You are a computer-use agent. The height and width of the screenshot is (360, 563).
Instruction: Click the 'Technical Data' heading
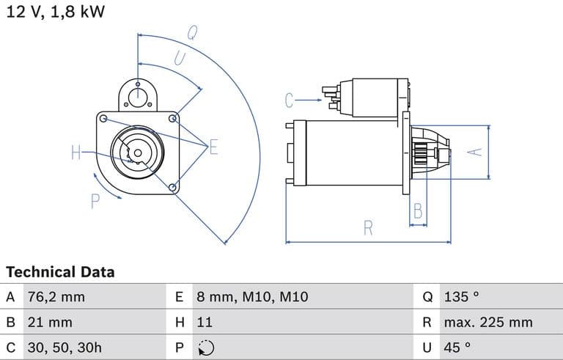point(60,272)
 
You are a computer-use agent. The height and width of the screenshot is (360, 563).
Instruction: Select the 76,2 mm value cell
point(56,297)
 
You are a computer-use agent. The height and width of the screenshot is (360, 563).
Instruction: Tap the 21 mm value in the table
point(49,322)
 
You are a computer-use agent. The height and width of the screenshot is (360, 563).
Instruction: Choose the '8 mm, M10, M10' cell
point(251,297)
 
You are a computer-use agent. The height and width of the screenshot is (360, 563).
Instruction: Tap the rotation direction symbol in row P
point(206,347)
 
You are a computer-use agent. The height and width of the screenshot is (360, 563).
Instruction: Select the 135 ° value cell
point(461,297)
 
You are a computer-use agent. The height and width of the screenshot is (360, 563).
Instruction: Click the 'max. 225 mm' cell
point(487,322)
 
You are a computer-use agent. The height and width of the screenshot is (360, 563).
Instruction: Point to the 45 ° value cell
point(457,347)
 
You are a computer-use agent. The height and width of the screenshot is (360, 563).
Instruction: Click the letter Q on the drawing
point(192,32)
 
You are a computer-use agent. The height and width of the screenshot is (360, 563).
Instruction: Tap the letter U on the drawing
point(179,59)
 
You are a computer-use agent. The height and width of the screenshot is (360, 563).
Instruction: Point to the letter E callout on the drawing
point(213,147)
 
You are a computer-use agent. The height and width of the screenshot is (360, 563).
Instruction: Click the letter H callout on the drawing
point(76,153)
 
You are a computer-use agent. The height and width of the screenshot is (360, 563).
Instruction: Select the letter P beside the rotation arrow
point(95,200)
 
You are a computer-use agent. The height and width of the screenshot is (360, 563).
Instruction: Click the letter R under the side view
point(368,228)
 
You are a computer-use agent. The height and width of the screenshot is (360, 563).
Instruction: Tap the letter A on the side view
point(476,151)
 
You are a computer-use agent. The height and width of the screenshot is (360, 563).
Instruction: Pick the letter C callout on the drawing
point(290,100)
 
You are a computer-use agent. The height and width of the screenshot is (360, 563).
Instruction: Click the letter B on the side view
point(418,211)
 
